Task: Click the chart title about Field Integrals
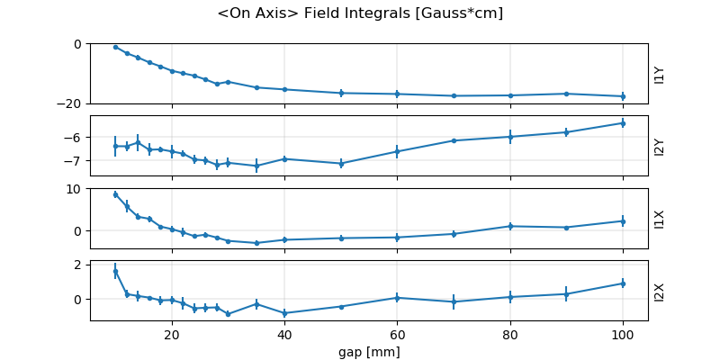(x=360, y=13)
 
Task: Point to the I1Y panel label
(x=660, y=74)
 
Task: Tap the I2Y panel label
(x=660, y=146)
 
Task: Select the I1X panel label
(x=660, y=219)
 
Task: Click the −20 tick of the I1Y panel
(x=70, y=103)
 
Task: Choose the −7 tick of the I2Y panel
(x=76, y=161)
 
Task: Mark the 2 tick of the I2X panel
(x=79, y=265)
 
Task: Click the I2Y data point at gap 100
(x=623, y=123)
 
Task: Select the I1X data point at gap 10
(x=115, y=194)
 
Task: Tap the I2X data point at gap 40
(x=284, y=313)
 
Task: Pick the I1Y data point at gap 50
(x=341, y=93)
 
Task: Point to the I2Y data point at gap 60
(x=397, y=152)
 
